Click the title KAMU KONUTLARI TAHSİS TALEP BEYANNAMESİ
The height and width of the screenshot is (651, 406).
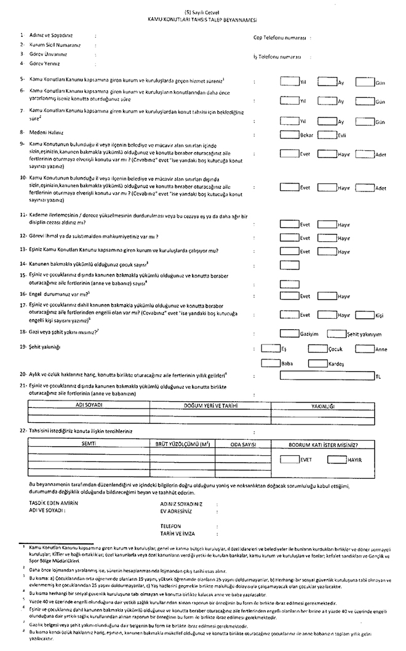tap(202, 20)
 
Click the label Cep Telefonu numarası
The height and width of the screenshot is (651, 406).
tap(280, 37)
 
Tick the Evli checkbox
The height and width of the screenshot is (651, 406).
tap(327, 135)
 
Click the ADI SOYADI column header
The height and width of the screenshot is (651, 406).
tap(88, 405)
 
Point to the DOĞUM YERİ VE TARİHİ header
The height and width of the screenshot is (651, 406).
tap(210, 405)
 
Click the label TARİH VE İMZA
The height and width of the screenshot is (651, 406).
tap(178, 533)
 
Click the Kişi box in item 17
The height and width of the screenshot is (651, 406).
tap(365, 314)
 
